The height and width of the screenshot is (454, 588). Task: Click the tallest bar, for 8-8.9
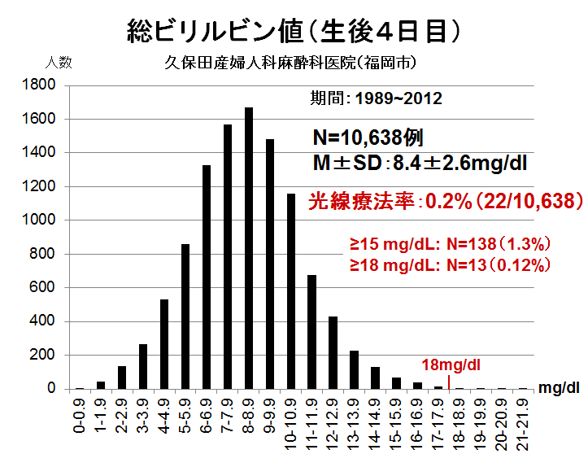click(249, 248)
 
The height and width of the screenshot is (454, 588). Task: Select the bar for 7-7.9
click(228, 256)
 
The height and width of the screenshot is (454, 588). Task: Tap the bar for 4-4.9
click(164, 344)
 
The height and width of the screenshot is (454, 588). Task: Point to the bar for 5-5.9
click(185, 316)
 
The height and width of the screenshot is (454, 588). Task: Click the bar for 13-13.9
click(354, 369)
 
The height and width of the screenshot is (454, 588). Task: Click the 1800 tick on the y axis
click(39, 85)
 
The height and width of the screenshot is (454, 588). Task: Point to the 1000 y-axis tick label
click(39, 220)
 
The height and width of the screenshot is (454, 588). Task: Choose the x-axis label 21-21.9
click(524, 419)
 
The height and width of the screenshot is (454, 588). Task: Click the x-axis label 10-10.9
click(290, 419)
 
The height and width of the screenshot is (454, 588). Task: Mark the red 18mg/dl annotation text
click(451, 365)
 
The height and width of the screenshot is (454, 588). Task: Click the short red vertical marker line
click(450, 382)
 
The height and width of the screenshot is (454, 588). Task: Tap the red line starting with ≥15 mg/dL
click(451, 243)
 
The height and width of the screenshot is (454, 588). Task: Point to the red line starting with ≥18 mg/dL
click(451, 264)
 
